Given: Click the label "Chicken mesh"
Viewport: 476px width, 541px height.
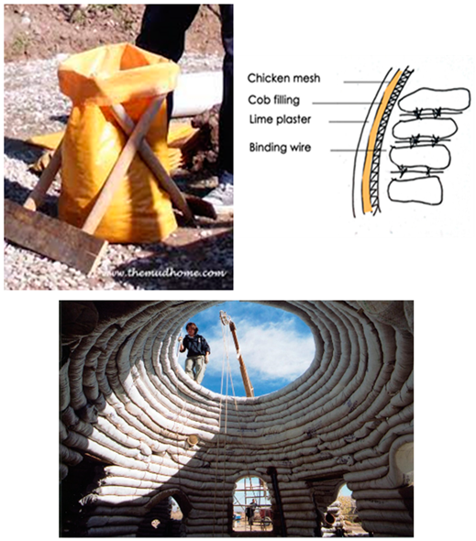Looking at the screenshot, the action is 283,78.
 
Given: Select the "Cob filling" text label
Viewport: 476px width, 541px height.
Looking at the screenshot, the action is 274,100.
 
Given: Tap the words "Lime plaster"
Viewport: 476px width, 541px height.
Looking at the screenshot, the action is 281,120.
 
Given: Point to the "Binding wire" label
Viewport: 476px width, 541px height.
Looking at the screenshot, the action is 281,148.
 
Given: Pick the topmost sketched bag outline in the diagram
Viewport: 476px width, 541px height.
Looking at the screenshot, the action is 434,100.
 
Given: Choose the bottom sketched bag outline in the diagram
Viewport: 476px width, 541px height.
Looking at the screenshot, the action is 415,190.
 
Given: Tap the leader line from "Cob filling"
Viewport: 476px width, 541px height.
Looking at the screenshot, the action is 347,103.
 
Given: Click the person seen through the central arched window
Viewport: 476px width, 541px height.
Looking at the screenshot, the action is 252,511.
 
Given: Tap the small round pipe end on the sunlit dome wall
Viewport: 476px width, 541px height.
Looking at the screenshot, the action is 192,440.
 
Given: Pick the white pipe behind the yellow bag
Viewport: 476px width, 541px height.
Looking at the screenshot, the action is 197,94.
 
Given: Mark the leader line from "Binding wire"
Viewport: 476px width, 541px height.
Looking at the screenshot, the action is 358,150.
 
